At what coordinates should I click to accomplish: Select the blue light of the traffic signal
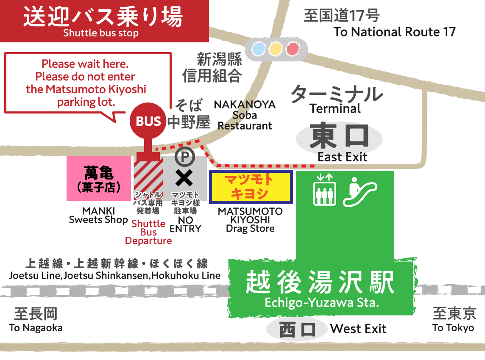click(258, 50)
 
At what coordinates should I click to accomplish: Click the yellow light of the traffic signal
click(276, 50)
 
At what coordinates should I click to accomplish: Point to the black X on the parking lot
click(184, 178)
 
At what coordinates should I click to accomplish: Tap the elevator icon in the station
click(324, 189)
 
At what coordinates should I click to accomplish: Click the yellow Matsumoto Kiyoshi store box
click(251, 187)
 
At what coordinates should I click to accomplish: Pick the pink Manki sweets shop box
click(99, 178)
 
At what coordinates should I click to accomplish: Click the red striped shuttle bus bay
click(148, 178)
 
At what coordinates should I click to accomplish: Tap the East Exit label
click(342, 157)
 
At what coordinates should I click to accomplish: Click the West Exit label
click(358, 329)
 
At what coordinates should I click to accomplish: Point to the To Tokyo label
click(453, 328)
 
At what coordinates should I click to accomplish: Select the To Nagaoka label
click(36, 328)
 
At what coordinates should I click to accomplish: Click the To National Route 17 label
click(394, 32)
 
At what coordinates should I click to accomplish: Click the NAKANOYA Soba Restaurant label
click(245, 115)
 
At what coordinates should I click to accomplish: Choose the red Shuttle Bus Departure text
click(148, 232)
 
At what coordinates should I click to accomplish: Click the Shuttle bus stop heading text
click(101, 33)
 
